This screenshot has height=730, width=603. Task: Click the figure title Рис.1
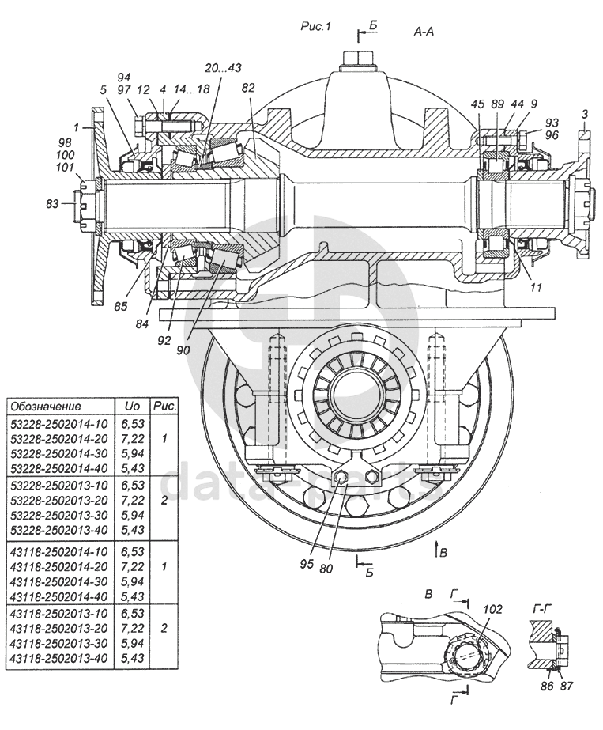[315, 27]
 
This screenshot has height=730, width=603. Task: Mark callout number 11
[535, 288]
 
